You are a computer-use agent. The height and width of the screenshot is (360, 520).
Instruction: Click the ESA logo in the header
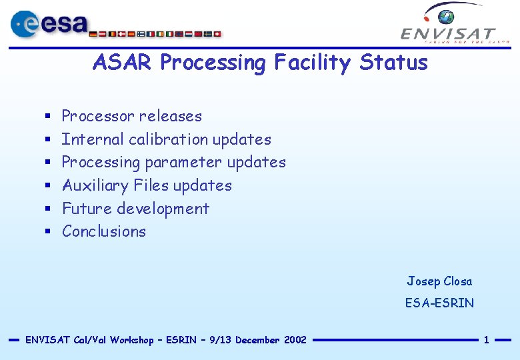tap(50, 24)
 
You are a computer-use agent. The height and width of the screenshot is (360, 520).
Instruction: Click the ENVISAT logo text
tap(448, 33)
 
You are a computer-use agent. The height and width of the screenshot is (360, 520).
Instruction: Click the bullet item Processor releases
tap(131, 116)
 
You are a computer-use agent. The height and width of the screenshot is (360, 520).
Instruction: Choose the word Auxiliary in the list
tap(95, 185)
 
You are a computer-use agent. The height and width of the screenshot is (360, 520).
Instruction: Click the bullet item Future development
tap(135, 209)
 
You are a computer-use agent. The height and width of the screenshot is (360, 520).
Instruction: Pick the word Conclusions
tap(103, 231)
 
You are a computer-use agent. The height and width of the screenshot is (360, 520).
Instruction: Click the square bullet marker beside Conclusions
tap(48, 232)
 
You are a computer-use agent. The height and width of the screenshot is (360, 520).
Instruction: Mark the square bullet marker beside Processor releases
tap(48, 117)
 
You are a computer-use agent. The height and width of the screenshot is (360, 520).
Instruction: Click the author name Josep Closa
tap(439, 281)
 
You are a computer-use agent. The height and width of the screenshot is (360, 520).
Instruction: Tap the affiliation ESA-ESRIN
tap(439, 303)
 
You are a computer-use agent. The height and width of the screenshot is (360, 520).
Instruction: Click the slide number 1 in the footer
tap(486, 340)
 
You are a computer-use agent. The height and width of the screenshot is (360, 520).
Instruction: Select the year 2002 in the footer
tap(295, 340)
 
